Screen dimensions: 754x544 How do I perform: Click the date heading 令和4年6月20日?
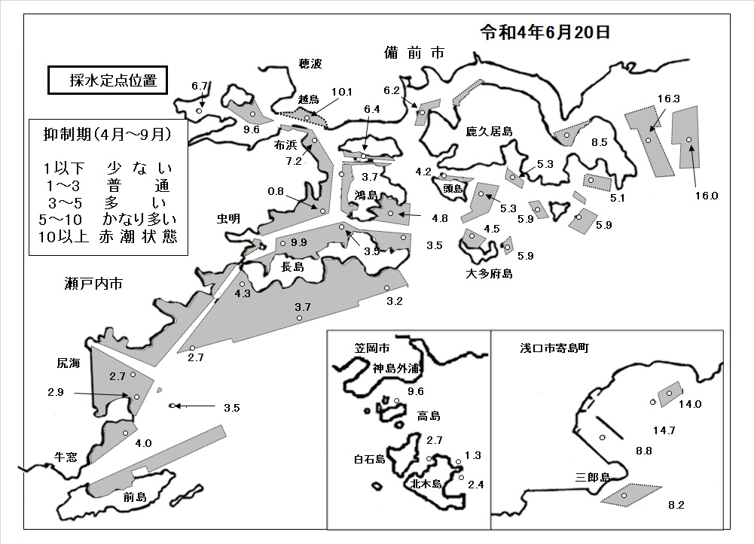[545, 32]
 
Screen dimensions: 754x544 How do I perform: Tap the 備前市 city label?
[414, 53]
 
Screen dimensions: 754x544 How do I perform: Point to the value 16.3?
[668, 99]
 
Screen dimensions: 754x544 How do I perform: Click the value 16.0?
[707, 196]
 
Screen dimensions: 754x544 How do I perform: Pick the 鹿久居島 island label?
[489, 131]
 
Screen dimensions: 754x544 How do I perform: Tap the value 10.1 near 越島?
[341, 92]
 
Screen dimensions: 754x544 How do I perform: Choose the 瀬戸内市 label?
[93, 284]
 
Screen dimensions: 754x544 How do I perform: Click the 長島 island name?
[292, 266]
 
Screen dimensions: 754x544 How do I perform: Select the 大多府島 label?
[489, 274]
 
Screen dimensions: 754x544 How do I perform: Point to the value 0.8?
[276, 191]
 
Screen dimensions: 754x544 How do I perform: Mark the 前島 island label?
[135, 497]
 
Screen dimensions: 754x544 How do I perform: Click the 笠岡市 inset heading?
[371, 348]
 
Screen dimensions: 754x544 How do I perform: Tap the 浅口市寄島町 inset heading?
[554, 348]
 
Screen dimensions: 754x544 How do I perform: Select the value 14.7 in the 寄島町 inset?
[664, 430]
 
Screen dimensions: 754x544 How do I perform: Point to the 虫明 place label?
[228, 219]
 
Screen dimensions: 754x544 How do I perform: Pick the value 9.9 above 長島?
[298, 242]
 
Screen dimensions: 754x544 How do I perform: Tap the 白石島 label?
[370, 460]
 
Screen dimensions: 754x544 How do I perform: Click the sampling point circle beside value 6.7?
[199, 111]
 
